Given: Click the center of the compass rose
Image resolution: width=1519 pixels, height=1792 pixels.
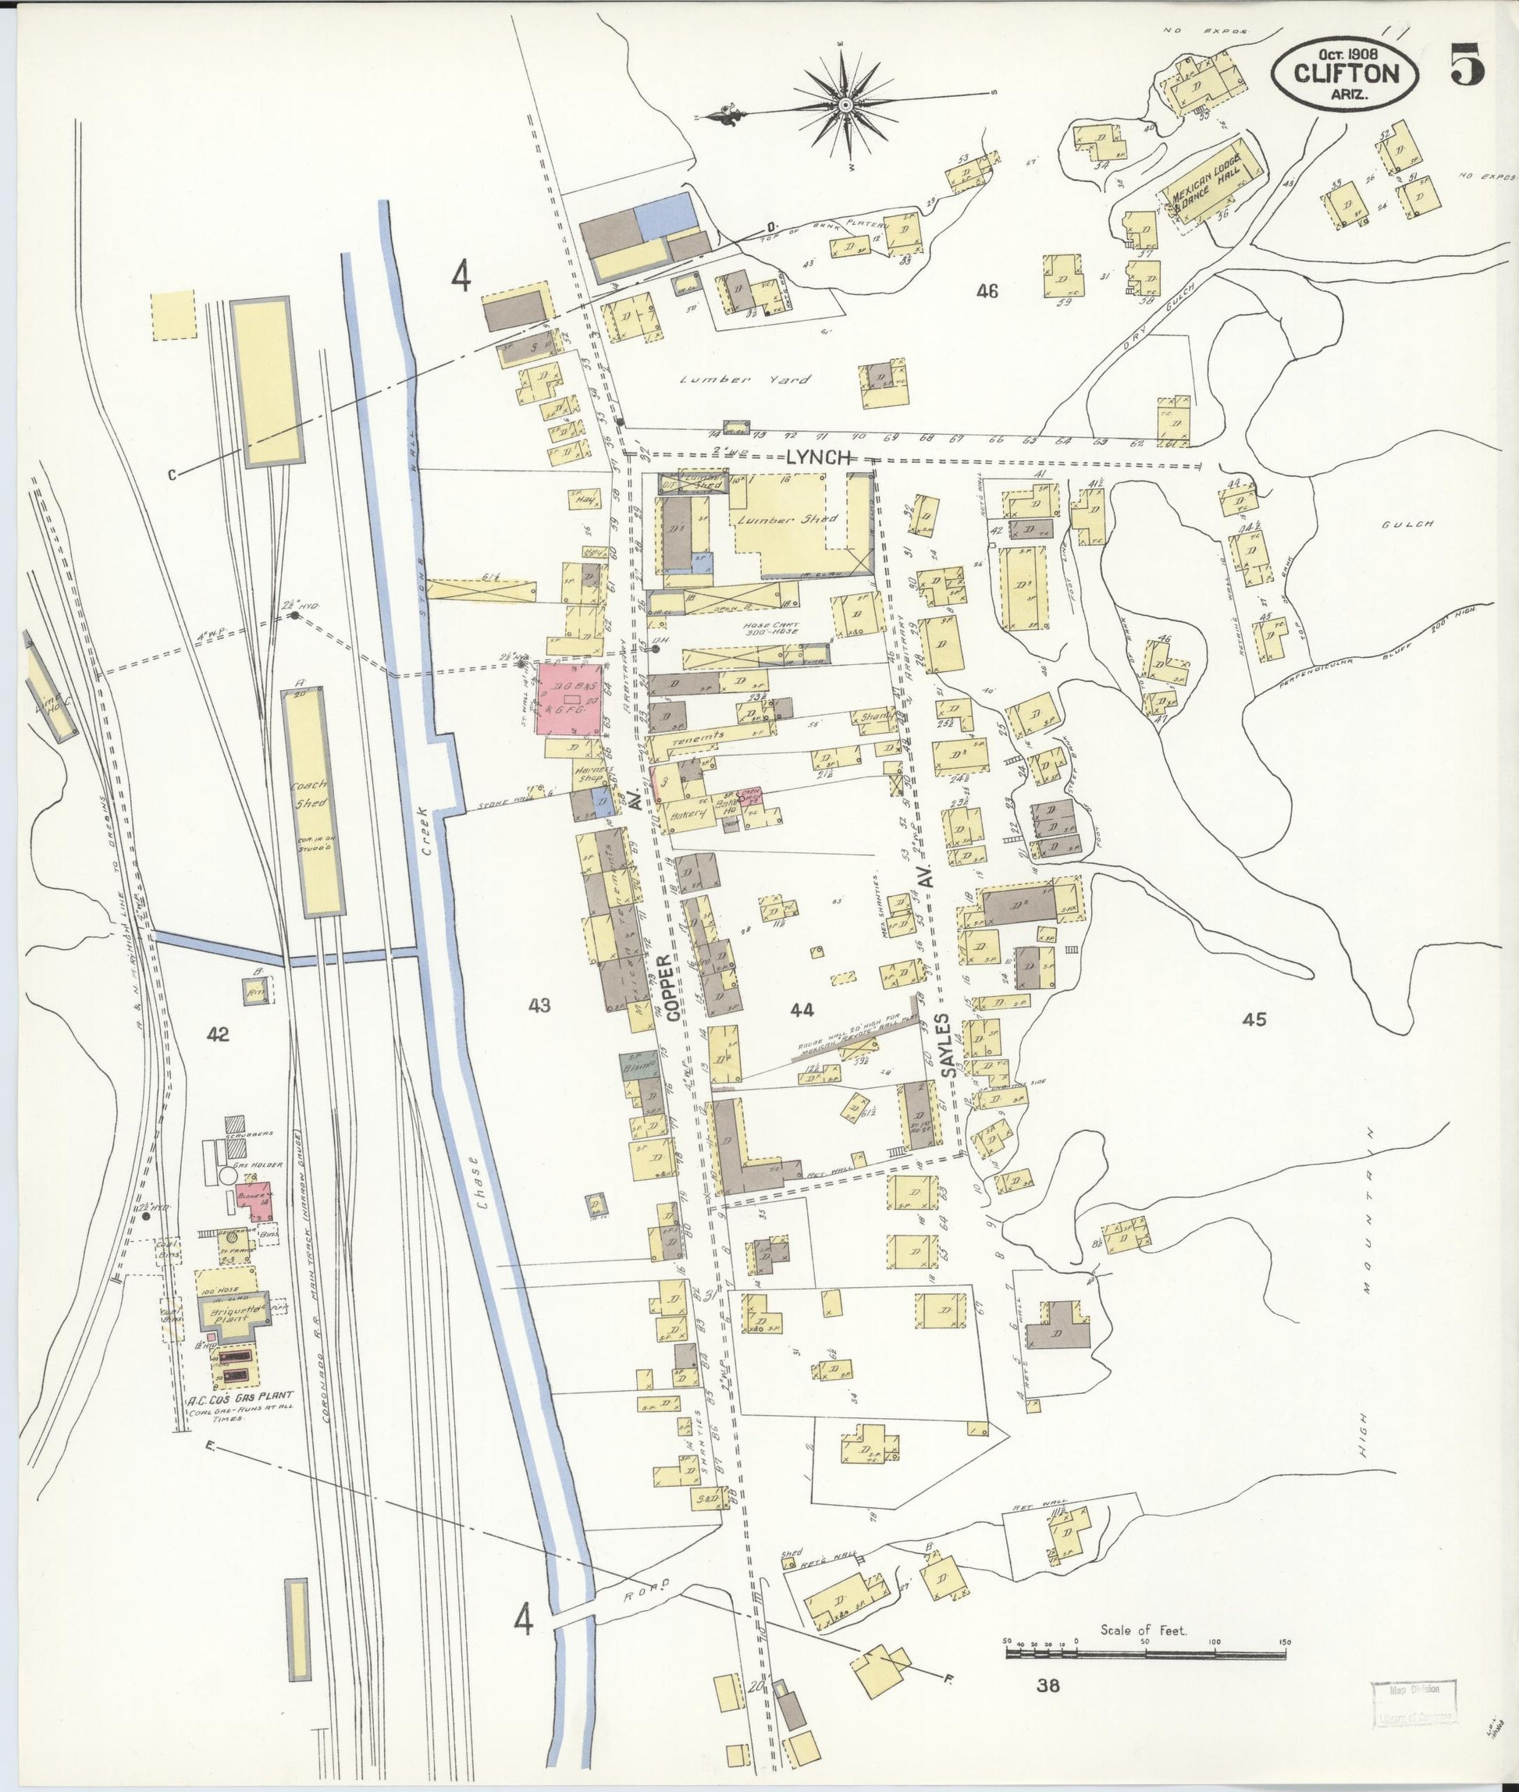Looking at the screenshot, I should (x=845, y=105).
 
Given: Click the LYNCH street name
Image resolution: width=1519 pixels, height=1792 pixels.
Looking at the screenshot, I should (x=818, y=459).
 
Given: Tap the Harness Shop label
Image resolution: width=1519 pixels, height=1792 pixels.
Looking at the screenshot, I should (x=594, y=775).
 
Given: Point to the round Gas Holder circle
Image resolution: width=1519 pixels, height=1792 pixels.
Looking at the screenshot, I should (x=228, y=1175).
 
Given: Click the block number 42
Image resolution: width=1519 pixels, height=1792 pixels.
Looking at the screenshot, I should (x=218, y=1034).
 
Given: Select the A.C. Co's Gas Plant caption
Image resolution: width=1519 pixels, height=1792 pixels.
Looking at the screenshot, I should (x=241, y=1397).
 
